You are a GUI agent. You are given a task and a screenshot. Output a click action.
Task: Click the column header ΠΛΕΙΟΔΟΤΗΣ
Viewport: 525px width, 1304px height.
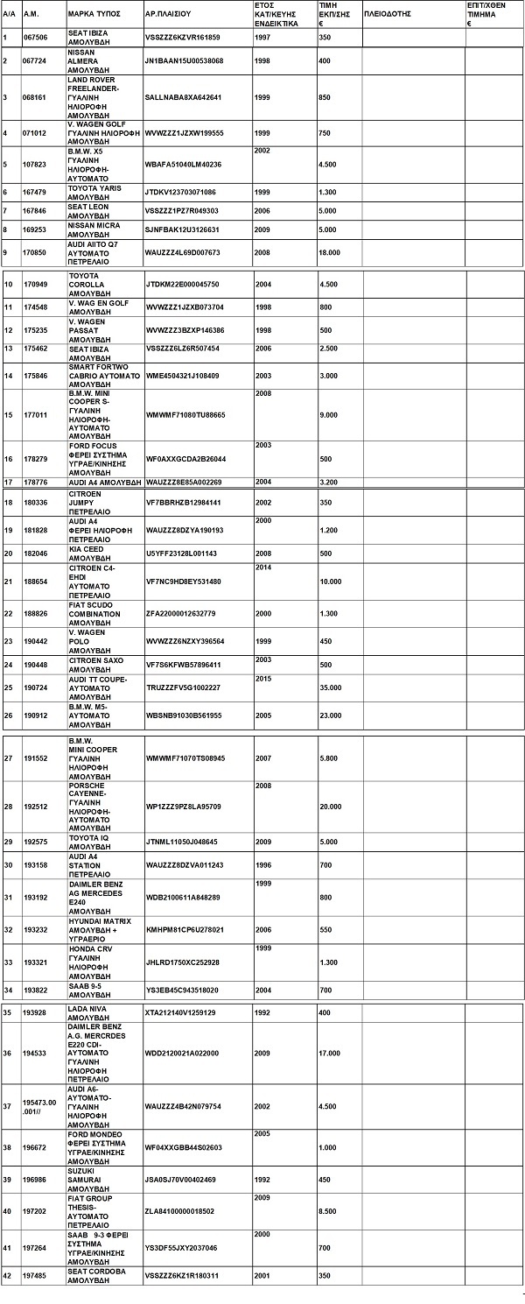(386, 15)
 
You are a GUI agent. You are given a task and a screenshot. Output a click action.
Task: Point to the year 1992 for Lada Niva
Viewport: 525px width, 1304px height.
(263, 1012)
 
